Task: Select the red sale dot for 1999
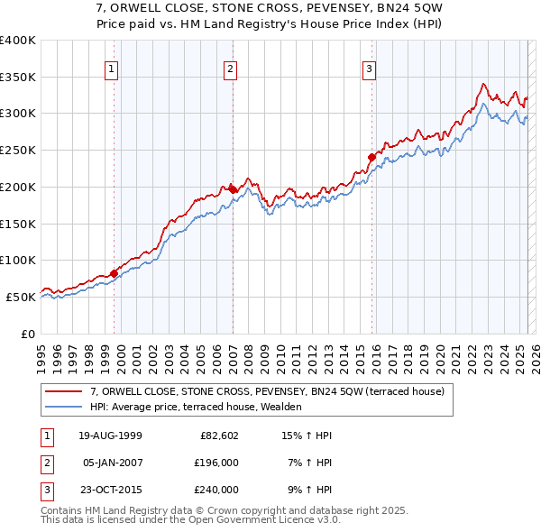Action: click(115, 273)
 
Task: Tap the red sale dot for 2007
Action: click(233, 189)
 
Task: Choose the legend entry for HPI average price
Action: click(196, 408)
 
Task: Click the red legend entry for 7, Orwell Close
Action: click(267, 392)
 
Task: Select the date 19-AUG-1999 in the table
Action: click(111, 436)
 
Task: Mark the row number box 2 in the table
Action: click(44, 463)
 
